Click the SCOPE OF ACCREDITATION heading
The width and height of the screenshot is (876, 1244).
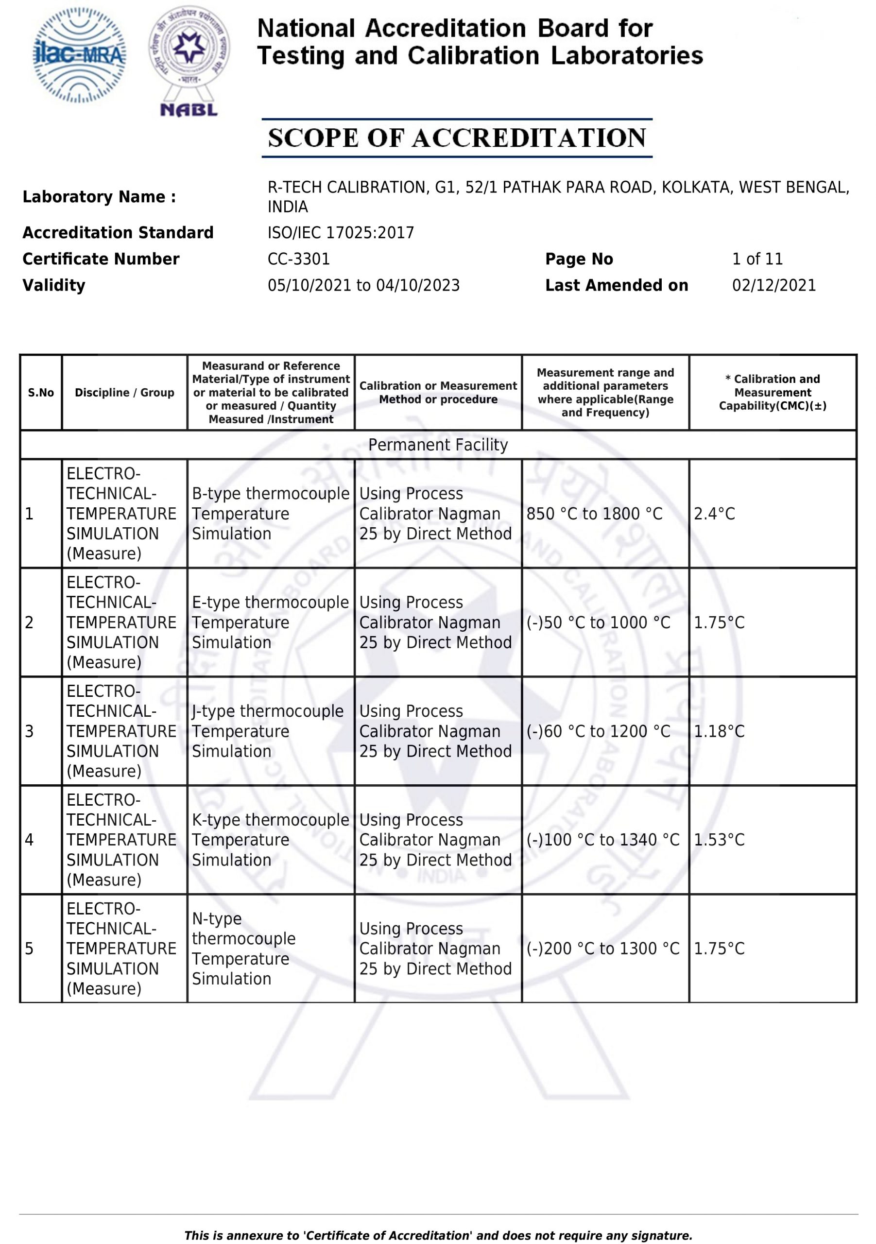[457, 138]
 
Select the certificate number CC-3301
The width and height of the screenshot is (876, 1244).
[298, 259]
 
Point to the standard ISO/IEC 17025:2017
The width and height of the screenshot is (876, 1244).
[341, 233]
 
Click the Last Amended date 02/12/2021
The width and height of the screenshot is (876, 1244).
[773, 286]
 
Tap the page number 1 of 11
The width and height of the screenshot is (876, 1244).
[757, 259]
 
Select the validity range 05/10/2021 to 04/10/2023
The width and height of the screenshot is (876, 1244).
[363, 286]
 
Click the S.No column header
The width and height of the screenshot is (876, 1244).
[41, 392]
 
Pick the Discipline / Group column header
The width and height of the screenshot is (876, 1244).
[124, 392]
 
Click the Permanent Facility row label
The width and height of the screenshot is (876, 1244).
[438, 445]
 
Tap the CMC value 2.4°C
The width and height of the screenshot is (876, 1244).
[714, 514]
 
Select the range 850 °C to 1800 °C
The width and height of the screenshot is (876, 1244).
[594, 514]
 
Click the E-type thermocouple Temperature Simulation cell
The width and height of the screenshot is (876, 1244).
[270, 622]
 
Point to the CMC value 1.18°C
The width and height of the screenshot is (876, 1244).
[719, 731]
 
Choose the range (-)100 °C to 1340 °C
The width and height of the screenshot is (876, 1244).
[603, 840]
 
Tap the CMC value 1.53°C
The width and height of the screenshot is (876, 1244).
[719, 840]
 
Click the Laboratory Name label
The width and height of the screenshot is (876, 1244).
[99, 197]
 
